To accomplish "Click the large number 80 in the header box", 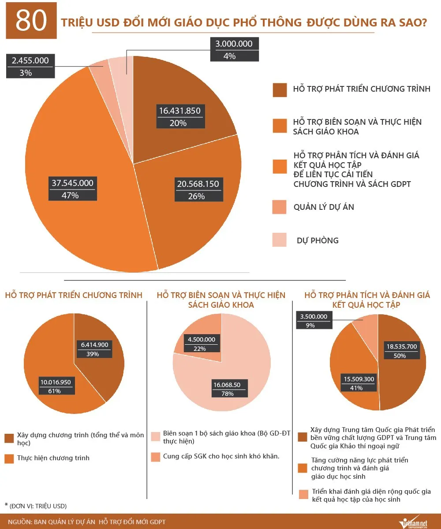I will [x=31, y=21].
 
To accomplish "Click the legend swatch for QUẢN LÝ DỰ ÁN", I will [x=280, y=206].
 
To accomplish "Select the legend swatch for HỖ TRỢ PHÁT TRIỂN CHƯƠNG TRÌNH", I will [x=280, y=89].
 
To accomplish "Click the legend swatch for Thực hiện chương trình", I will [x=9, y=458].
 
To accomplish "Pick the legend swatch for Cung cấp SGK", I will [x=155, y=457].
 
